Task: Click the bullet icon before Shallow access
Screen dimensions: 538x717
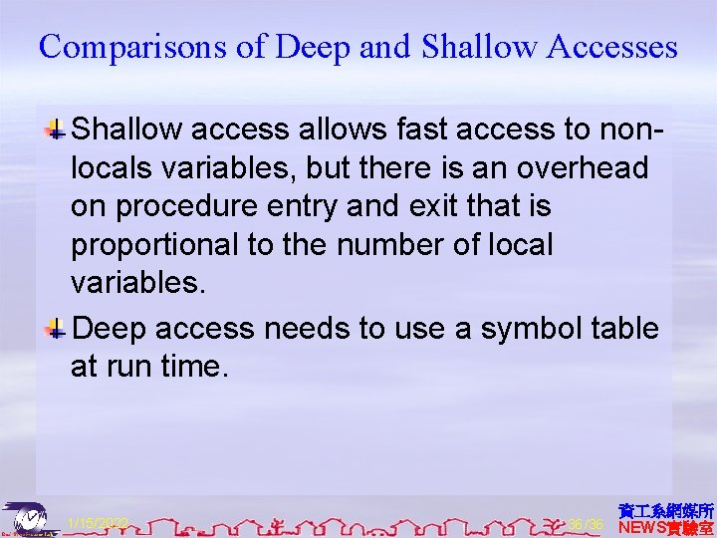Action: (x=58, y=130)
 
